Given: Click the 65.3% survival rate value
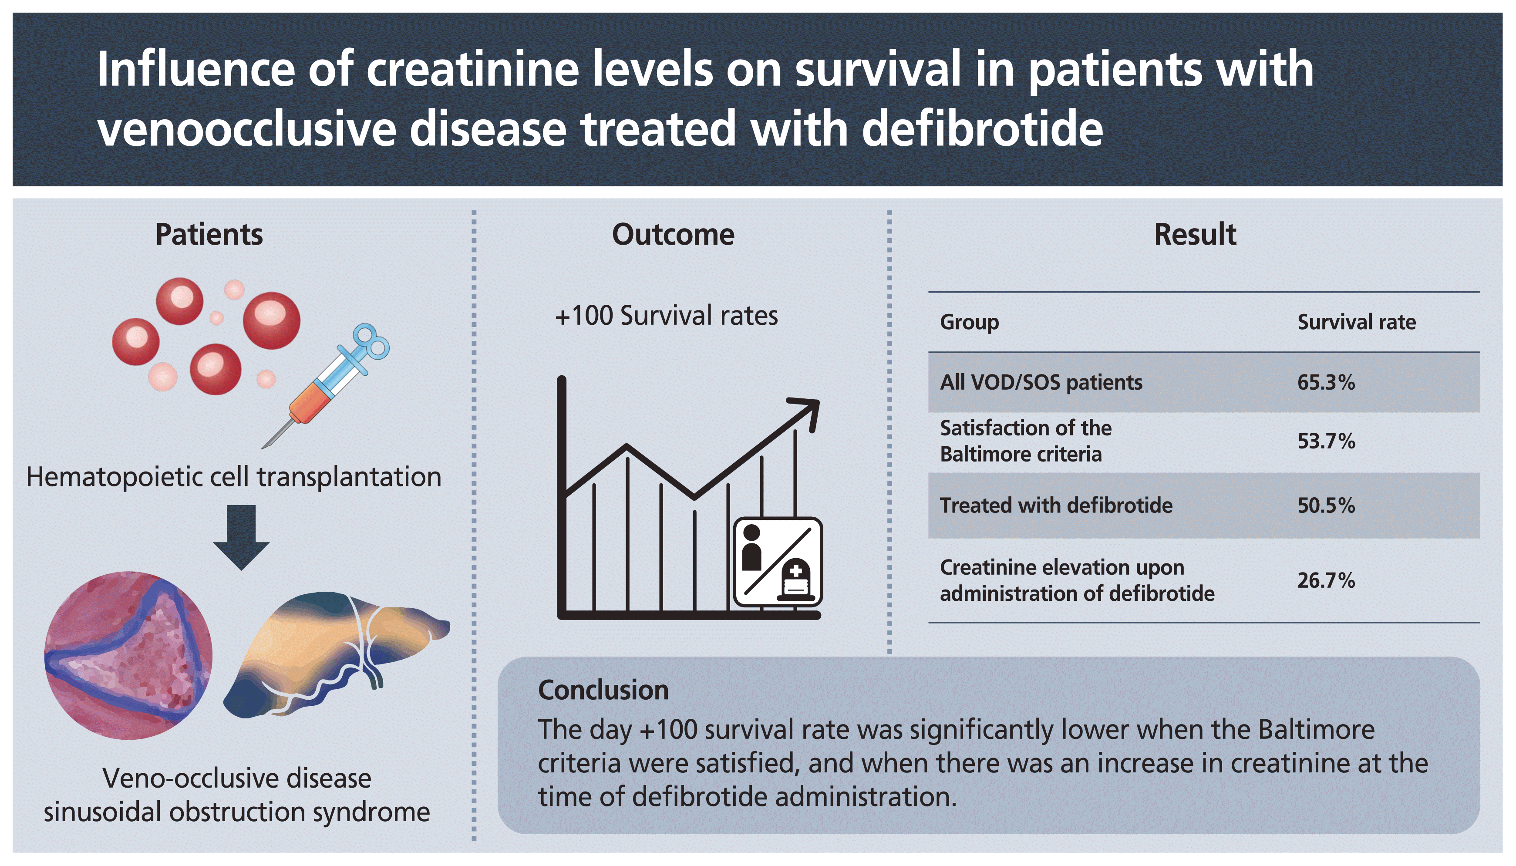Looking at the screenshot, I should click(1325, 382).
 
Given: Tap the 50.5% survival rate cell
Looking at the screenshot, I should click(1325, 505).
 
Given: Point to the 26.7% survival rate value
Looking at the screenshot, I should click(1325, 580).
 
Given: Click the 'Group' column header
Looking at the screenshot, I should click(969, 322).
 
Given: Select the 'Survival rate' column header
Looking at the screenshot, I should click(1356, 322).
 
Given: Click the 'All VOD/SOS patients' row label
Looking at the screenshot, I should click(1041, 382).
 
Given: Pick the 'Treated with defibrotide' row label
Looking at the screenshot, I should click(1056, 505).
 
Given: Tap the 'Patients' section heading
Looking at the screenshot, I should click(209, 234).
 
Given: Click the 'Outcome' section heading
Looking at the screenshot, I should click(673, 234).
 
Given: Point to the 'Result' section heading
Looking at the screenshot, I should click(1195, 234).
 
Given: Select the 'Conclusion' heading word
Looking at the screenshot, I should click(603, 690).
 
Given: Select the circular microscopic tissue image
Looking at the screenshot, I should click(128, 655).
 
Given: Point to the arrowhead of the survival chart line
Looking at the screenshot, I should click(809, 411).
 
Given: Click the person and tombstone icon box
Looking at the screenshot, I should click(778, 562).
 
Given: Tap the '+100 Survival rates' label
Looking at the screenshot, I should click(666, 315).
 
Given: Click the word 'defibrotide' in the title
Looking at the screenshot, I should click(981, 128).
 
